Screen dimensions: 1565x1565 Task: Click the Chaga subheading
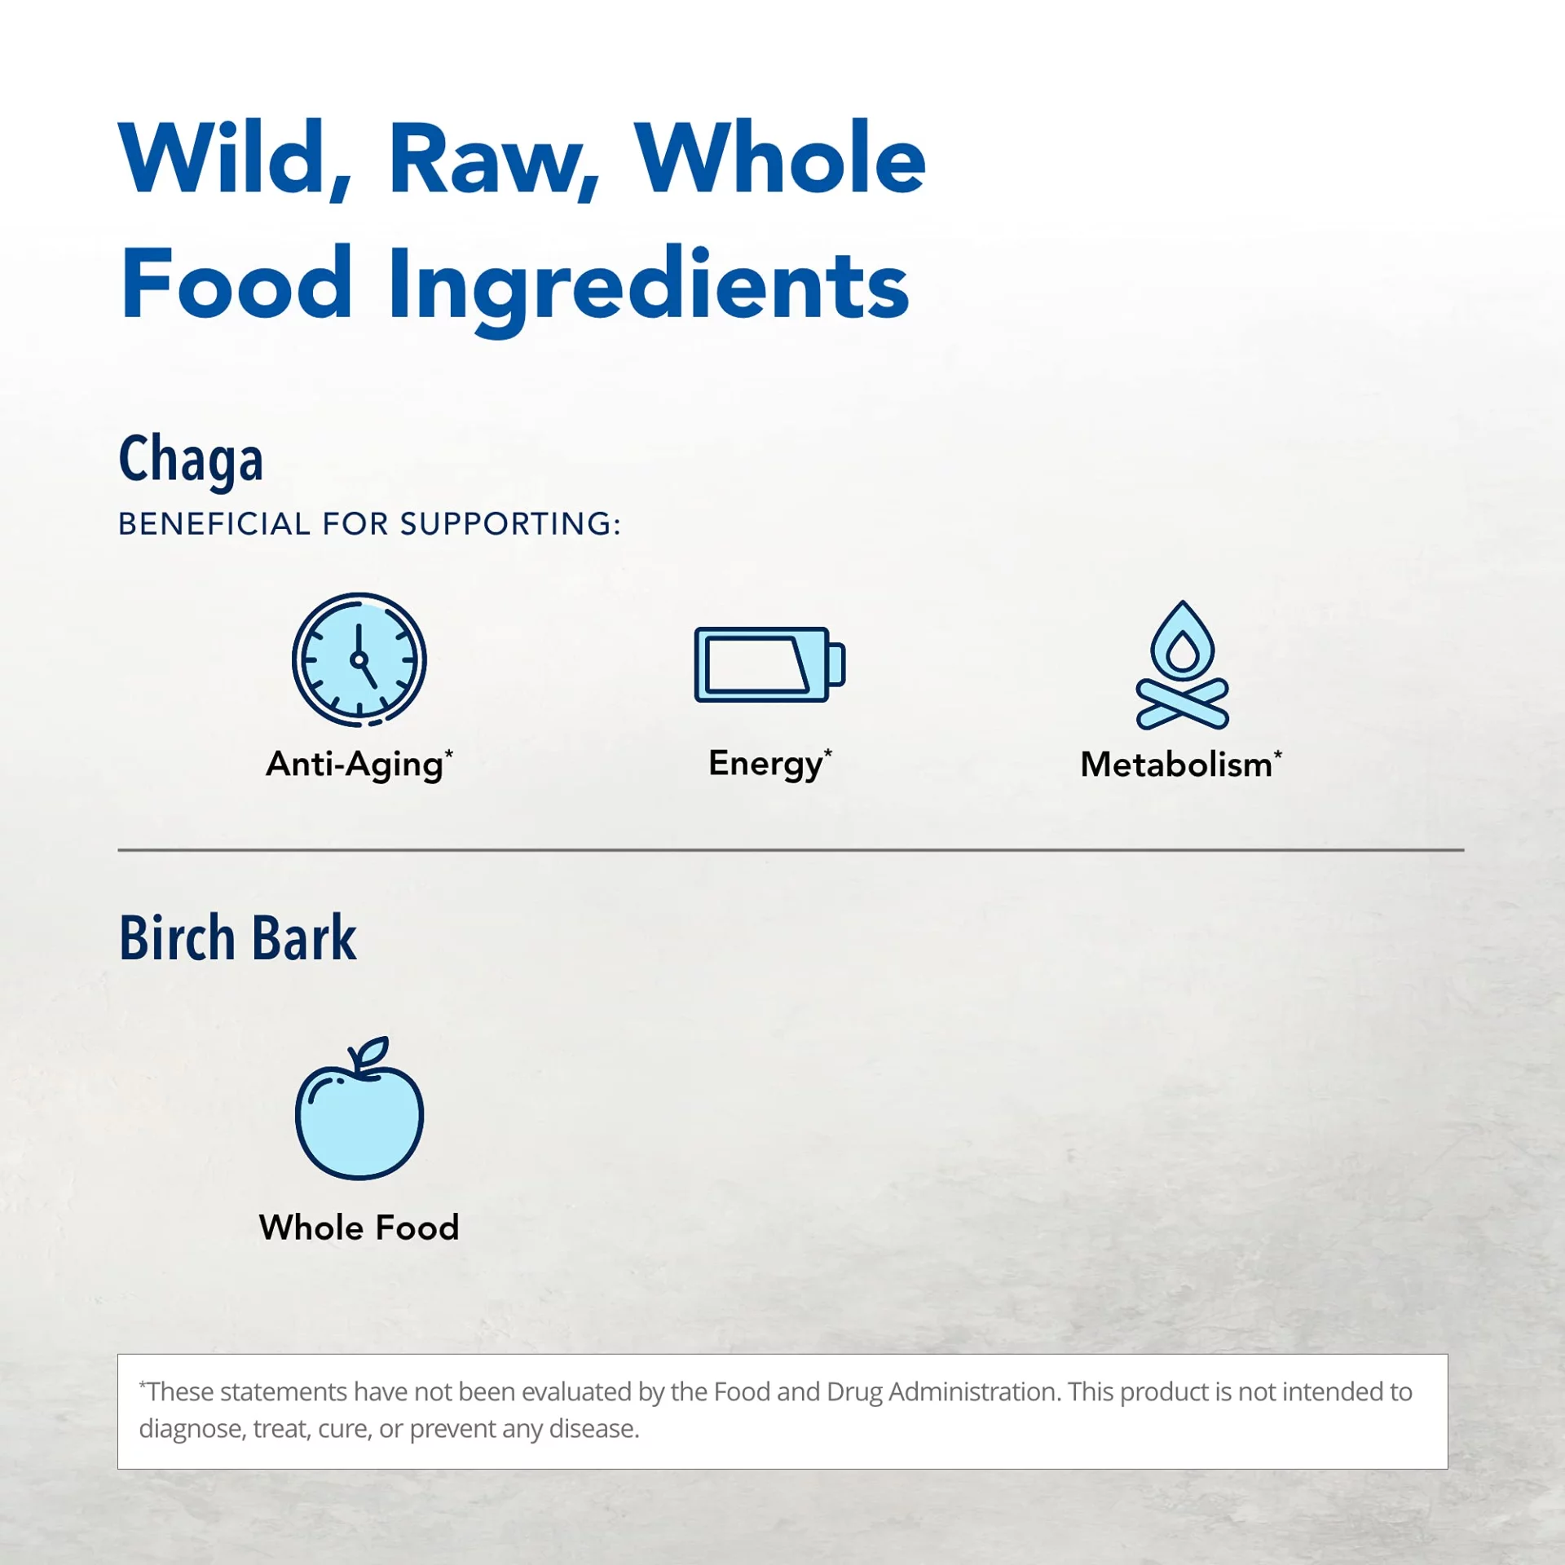tap(191, 460)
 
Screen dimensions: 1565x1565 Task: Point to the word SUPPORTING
tap(510, 524)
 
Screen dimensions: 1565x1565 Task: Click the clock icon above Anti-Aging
tap(359, 659)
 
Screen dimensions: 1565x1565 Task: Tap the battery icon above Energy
tap(770, 663)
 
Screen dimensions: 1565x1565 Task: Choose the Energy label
tap(770, 765)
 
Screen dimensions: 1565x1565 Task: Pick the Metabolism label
tap(1181, 765)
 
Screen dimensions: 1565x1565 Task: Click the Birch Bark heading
tap(237, 937)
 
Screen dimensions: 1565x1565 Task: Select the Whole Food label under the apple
tap(359, 1227)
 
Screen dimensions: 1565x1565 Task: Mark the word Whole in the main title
tap(779, 158)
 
